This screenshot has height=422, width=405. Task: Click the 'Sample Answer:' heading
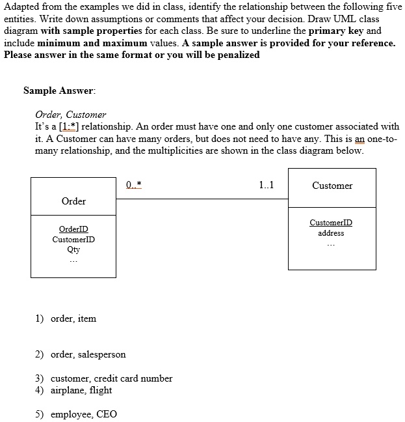[x=59, y=91]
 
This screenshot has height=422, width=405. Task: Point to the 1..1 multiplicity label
[x=266, y=185]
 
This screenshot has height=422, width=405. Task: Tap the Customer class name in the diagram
[x=332, y=186]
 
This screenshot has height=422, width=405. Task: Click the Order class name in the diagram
[x=73, y=201]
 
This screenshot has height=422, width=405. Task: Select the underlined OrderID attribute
[x=73, y=229]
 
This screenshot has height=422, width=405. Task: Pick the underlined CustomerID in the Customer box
[x=332, y=223]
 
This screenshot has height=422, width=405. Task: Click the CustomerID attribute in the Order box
[x=73, y=239]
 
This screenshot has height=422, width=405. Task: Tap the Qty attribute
[x=73, y=249]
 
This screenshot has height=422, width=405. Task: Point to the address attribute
[x=332, y=233]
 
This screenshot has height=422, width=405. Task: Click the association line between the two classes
[x=202, y=198]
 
